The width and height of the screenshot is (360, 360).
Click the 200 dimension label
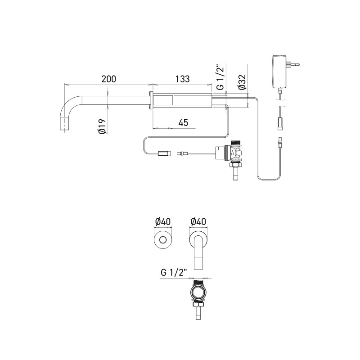point(108,79)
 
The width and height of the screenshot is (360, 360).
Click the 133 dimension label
point(182,79)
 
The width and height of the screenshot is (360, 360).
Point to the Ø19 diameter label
point(102,126)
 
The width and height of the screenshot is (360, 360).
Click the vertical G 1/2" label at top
point(220,77)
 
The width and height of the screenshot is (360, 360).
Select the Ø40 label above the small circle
point(162,221)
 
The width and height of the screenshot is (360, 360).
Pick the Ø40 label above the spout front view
point(198,221)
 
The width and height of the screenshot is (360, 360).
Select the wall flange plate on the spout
point(151,101)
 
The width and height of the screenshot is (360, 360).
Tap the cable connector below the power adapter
point(280,121)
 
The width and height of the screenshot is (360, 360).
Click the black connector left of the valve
point(163,154)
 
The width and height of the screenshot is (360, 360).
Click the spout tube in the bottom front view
point(198,256)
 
